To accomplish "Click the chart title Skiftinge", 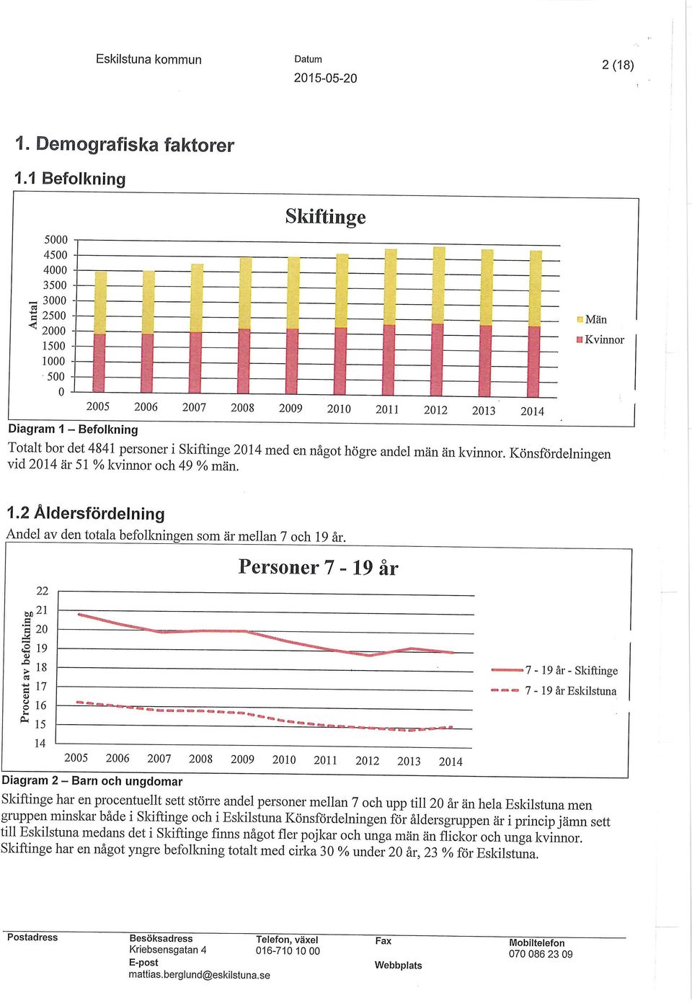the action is [326, 217].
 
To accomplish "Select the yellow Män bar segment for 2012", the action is [439, 285].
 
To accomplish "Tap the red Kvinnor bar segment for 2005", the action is [99, 363].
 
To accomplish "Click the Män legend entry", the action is [592, 319].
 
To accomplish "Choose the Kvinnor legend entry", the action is [600, 340].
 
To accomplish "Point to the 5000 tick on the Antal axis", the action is [56, 240].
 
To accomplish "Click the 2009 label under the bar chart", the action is [290, 409].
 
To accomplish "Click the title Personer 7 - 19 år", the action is [318, 567].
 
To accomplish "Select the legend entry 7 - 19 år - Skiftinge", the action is [554, 670].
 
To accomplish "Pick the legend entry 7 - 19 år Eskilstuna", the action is [554, 691].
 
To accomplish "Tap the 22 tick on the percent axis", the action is [42, 591].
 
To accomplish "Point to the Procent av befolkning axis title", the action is [27, 667].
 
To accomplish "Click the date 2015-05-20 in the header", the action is [326, 79].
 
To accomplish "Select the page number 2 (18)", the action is [618, 66].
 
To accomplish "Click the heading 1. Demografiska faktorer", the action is [125, 145].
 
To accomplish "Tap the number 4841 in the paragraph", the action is [102, 447].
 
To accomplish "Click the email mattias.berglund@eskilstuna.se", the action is [200, 975].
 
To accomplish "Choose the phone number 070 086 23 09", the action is [541, 954].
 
